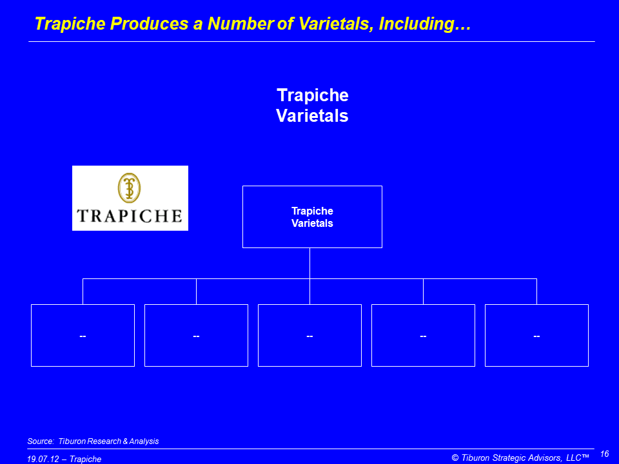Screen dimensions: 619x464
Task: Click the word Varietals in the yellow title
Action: (x=335, y=24)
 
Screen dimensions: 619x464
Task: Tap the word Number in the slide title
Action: (x=240, y=24)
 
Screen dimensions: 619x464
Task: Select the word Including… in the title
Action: (x=425, y=24)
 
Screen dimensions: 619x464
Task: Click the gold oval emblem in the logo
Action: (x=129, y=188)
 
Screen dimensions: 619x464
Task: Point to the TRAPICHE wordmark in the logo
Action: (x=130, y=216)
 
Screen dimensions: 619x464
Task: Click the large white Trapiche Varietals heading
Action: (x=312, y=105)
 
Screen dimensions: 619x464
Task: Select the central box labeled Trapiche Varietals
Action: (x=312, y=217)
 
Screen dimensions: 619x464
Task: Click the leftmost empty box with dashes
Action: (x=83, y=335)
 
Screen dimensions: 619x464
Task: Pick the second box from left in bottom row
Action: (x=196, y=335)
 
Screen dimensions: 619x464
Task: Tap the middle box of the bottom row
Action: (x=310, y=335)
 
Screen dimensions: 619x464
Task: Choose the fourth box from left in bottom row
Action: (x=423, y=335)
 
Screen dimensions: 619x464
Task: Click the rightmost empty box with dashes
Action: (x=537, y=335)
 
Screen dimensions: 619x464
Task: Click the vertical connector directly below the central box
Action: (x=310, y=263)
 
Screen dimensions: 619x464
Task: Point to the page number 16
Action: (x=604, y=454)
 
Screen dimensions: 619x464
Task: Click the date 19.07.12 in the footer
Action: (x=43, y=459)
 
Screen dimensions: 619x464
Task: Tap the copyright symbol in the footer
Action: (x=455, y=458)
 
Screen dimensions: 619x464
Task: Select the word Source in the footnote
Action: (x=40, y=441)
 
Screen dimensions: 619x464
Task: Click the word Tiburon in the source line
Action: (x=72, y=441)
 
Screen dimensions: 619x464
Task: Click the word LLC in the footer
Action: (x=574, y=458)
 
